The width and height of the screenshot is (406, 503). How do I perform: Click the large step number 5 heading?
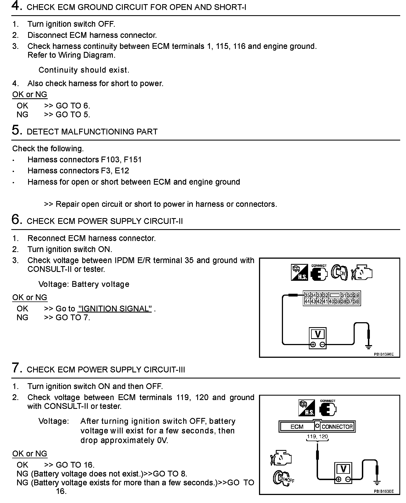[17, 130]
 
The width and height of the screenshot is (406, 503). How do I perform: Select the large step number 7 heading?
[17, 368]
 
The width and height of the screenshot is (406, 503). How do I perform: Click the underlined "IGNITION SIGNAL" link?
[115, 308]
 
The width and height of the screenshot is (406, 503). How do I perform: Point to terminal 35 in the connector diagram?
[307, 295]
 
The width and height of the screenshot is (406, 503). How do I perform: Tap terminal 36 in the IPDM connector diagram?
[356, 301]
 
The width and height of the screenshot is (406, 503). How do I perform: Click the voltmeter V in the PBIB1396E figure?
[317, 335]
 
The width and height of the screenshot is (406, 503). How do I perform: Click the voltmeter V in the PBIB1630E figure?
[343, 469]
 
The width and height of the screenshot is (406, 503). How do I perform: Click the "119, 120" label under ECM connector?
[317, 436]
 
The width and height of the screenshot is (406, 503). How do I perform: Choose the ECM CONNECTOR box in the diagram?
[317, 427]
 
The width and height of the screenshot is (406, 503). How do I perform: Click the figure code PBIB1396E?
[384, 354]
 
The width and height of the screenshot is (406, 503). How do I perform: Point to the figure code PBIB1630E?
[384, 491]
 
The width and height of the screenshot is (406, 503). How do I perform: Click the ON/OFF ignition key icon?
[283, 479]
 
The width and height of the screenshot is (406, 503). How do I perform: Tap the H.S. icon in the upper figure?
[299, 272]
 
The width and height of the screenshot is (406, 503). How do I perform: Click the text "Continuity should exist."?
[84, 70]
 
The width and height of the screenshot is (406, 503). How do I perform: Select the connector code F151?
[133, 160]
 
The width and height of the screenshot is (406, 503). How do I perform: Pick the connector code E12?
[122, 171]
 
